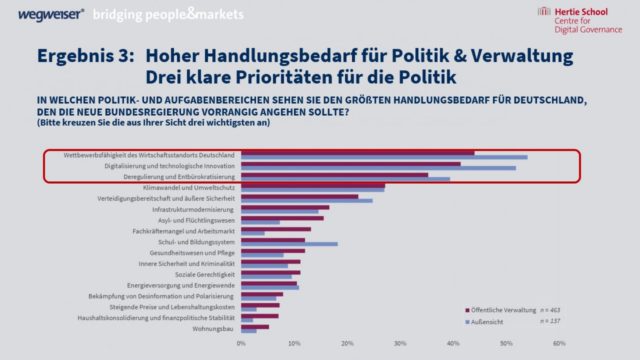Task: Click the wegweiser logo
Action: [50, 15]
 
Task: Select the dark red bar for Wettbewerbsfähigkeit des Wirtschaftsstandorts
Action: [357, 153]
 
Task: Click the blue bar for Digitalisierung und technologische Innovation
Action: [378, 168]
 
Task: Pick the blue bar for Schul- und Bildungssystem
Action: [289, 244]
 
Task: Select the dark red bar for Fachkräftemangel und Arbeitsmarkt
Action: [276, 229]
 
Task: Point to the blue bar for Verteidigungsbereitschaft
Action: [307, 201]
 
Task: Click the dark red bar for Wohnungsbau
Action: [255, 327]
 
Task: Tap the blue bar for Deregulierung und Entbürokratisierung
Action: [345, 179]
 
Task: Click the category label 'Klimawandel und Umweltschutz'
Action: [189, 188]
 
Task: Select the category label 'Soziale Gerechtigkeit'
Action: [205, 275]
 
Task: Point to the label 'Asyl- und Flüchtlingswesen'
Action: [196, 220]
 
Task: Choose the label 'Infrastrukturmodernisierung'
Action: [193, 209]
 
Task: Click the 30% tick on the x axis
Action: [400, 344]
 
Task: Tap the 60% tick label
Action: [559, 344]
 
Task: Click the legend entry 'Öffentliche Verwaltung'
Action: [503, 310]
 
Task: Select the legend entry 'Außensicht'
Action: [487, 322]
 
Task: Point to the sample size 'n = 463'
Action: [550, 310]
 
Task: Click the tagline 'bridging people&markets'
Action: [168, 15]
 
